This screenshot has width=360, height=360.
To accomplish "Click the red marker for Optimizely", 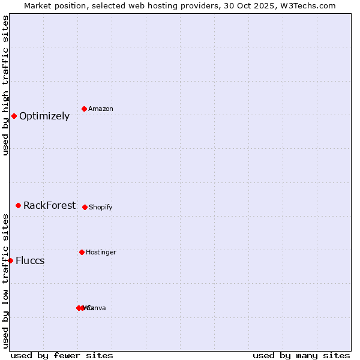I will (14, 116).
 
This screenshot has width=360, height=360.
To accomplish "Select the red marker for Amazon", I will (84, 109).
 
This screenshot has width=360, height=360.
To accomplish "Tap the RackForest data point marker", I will (18, 205).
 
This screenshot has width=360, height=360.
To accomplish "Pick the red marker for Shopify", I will (85, 207).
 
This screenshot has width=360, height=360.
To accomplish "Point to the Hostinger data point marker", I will (82, 252).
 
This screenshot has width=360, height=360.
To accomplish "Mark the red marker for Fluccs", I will (11, 260).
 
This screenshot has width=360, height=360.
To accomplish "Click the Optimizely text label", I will (44, 116).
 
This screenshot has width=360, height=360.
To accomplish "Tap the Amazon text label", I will (101, 109).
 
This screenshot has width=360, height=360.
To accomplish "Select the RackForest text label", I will (50, 206).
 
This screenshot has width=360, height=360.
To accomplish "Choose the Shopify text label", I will (101, 208).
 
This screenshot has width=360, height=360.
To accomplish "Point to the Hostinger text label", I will (101, 253).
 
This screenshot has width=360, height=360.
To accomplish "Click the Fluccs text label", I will (30, 261).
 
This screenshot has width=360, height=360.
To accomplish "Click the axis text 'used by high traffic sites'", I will (5, 85).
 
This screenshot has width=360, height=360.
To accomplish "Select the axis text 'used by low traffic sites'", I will (5, 281).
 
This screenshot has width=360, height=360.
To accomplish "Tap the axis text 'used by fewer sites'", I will (62, 355).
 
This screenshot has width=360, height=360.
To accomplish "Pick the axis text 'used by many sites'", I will (301, 355).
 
